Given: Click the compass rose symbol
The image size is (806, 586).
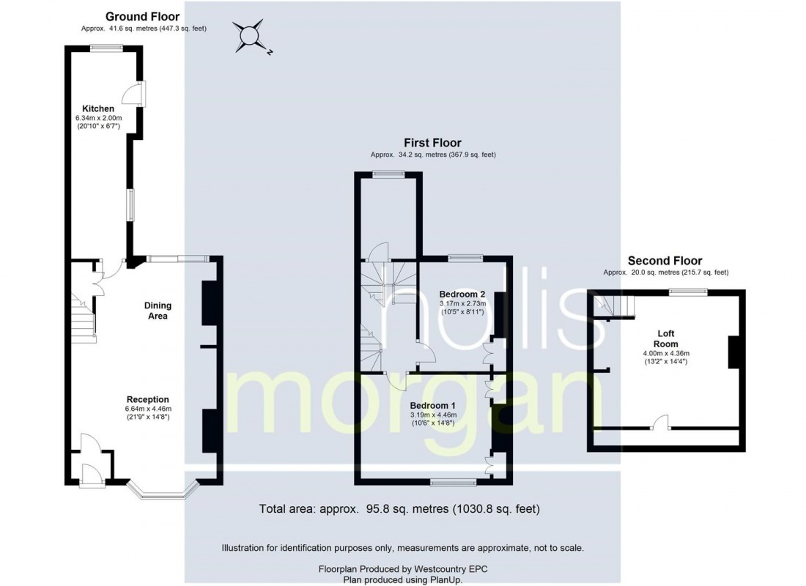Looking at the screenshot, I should coord(249,34).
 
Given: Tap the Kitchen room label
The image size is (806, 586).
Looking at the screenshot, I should coord(97,108).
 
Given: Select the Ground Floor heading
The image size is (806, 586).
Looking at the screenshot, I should coord(142,16).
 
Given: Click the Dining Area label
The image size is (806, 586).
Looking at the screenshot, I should coord(155,311).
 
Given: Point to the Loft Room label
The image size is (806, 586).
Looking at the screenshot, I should coord(666,338).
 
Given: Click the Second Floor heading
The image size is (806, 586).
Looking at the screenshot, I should coord(665,261).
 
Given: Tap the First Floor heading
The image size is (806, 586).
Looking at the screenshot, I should coord(432,143).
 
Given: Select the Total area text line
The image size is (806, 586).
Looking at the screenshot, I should coord(399,508).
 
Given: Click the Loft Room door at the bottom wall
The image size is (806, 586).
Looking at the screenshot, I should coord(661,422).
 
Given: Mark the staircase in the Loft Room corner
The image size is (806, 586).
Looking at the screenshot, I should coord(614,306).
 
